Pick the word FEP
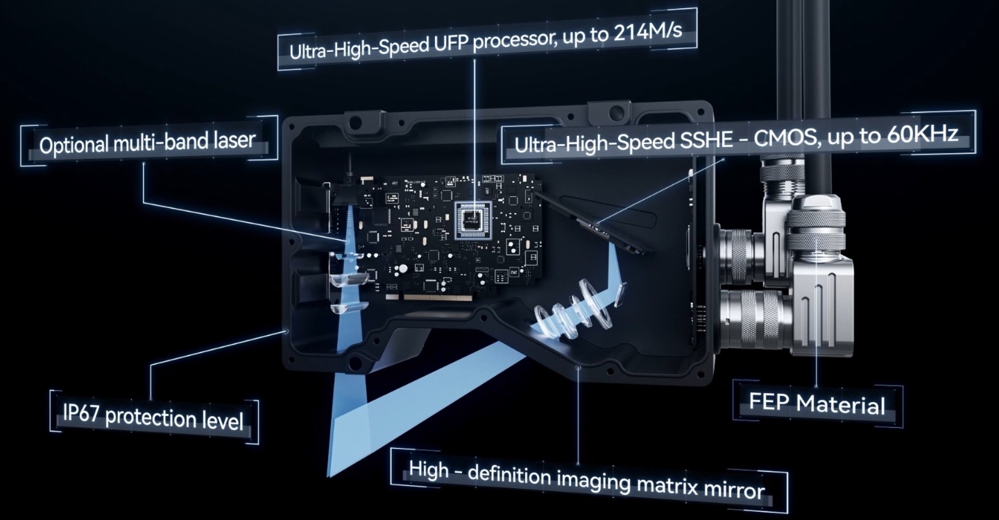pyautogui.click(x=769, y=401)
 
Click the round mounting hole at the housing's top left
pyautogui.click(x=355, y=121)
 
